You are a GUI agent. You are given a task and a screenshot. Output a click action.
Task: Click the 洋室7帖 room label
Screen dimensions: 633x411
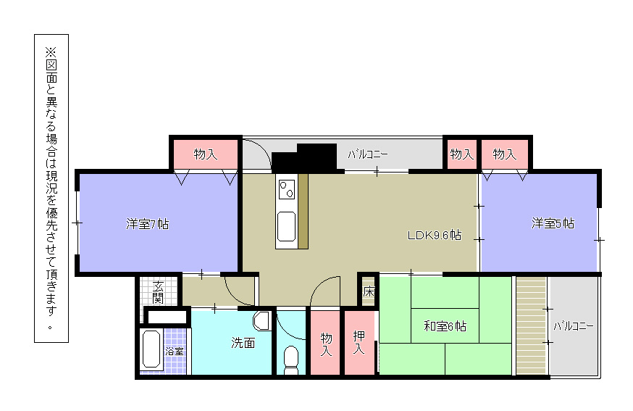click(x=147, y=224)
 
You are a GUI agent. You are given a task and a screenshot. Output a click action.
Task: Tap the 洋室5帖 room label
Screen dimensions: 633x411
click(x=553, y=223)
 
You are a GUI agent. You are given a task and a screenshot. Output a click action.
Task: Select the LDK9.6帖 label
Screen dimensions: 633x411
click(x=435, y=235)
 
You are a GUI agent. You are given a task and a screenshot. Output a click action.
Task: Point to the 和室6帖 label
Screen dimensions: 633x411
click(x=445, y=325)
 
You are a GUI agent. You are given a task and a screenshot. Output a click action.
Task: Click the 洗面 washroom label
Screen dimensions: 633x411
click(x=243, y=343)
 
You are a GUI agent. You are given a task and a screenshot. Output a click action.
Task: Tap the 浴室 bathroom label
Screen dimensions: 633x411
click(x=175, y=351)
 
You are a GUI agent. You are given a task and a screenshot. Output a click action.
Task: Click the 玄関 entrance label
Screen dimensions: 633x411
click(x=158, y=292)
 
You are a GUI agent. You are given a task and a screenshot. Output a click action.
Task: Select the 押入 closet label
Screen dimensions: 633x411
click(x=359, y=342)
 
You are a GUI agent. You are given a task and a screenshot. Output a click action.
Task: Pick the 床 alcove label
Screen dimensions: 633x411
click(x=369, y=291)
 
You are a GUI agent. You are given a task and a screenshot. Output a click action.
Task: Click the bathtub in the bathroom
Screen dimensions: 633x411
click(x=151, y=349)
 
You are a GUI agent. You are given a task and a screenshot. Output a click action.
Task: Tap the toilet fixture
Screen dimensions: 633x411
click(x=291, y=360)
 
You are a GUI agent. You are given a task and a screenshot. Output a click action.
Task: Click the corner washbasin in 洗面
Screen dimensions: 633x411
click(x=262, y=320)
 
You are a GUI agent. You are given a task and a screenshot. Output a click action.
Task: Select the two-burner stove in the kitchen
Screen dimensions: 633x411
click(x=287, y=189)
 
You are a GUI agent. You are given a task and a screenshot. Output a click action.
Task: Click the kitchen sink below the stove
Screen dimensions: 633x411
click(x=287, y=226)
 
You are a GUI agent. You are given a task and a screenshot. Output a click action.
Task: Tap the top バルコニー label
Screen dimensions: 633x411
click(x=367, y=154)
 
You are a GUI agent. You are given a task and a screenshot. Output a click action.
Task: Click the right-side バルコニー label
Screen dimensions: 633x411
click(x=574, y=326)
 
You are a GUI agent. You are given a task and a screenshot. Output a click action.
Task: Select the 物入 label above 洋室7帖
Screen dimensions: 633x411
click(x=206, y=154)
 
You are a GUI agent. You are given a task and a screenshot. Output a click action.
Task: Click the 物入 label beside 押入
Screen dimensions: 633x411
click(x=326, y=344)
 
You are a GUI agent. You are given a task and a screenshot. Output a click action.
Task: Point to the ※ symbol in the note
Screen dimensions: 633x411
click(x=51, y=51)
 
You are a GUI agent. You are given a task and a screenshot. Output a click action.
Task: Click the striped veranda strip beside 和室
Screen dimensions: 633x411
click(x=532, y=325)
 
